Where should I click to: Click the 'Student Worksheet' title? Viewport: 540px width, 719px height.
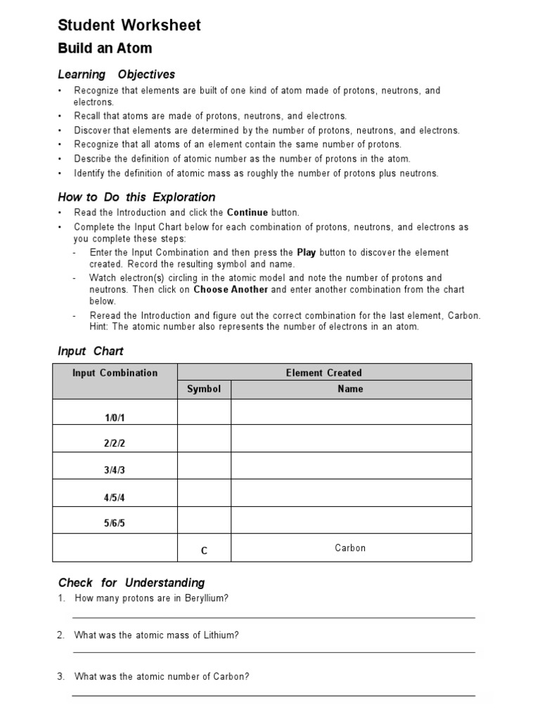129,25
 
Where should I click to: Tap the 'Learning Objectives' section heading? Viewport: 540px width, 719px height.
116,74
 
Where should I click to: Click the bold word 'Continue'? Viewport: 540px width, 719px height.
247,212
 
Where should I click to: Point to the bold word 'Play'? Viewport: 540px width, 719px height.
306,252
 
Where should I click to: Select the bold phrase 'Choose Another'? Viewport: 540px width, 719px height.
231,289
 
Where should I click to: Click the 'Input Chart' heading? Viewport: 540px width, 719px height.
90,351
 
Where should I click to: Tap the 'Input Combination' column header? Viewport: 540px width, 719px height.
115,373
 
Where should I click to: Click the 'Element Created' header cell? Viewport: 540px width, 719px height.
323,373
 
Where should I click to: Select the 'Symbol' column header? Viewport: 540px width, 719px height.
204,389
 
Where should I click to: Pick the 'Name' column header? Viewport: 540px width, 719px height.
350,389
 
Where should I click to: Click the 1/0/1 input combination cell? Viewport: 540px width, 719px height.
115,418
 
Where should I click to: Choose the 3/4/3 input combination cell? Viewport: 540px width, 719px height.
115,470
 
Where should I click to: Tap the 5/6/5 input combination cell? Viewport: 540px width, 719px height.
115,524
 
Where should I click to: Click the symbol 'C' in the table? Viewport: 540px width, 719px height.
204,551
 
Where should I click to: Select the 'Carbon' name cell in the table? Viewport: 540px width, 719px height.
350,548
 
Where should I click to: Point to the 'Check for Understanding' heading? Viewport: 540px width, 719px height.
131,583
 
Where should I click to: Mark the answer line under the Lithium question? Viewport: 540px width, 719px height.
274,652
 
